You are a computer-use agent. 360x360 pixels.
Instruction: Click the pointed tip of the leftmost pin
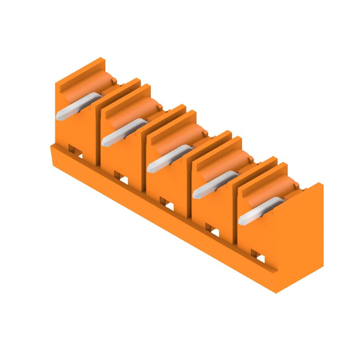[59, 116]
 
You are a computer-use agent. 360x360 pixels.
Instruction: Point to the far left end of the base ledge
[52, 148]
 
